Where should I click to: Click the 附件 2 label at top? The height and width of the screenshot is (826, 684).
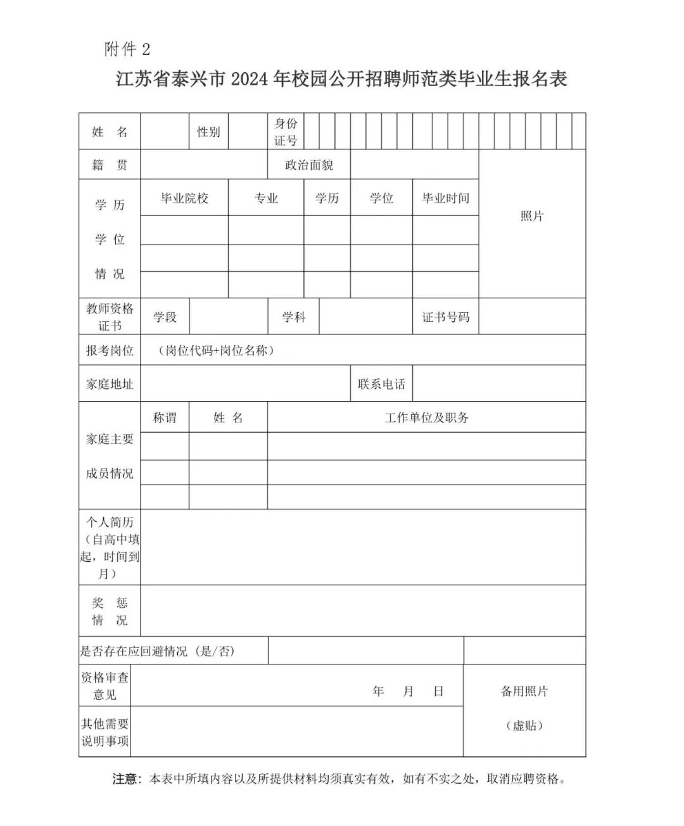click(x=127, y=49)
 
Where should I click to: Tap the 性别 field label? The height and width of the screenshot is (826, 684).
click(x=208, y=132)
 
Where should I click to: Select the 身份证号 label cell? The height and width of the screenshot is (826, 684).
click(x=285, y=132)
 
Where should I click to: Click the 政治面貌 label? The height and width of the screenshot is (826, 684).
click(x=309, y=165)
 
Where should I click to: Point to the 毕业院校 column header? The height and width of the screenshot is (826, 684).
click(x=184, y=198)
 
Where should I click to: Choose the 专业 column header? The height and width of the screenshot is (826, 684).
click(x=266, y=198)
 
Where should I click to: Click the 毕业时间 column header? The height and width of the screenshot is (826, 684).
click(x=446, y=198)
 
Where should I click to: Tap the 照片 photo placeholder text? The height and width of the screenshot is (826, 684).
click(x=532, y=216)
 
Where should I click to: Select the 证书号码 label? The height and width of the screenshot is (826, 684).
click(x=446, y=317)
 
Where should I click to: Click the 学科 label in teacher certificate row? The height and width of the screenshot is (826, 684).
click(x=294, y=317)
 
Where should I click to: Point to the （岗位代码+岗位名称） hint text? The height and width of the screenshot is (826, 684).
click(x=216, y=350)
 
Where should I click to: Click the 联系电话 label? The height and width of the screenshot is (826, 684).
click(x=381, y=384)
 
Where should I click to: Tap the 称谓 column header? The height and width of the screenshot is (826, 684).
click(x=165, y=417)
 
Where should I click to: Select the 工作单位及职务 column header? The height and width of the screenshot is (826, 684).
click(x=426, y=417)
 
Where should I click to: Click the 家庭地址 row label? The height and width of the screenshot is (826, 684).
click(x=110, y=384)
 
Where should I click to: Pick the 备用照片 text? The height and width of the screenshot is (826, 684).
click(x=524, y=691)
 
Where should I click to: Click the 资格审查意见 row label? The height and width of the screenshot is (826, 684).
click(x=104, y=686)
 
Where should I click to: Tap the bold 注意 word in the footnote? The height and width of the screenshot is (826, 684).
click(x=124, y=778)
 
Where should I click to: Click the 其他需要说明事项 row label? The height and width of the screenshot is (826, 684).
click(x=104, y=732)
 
